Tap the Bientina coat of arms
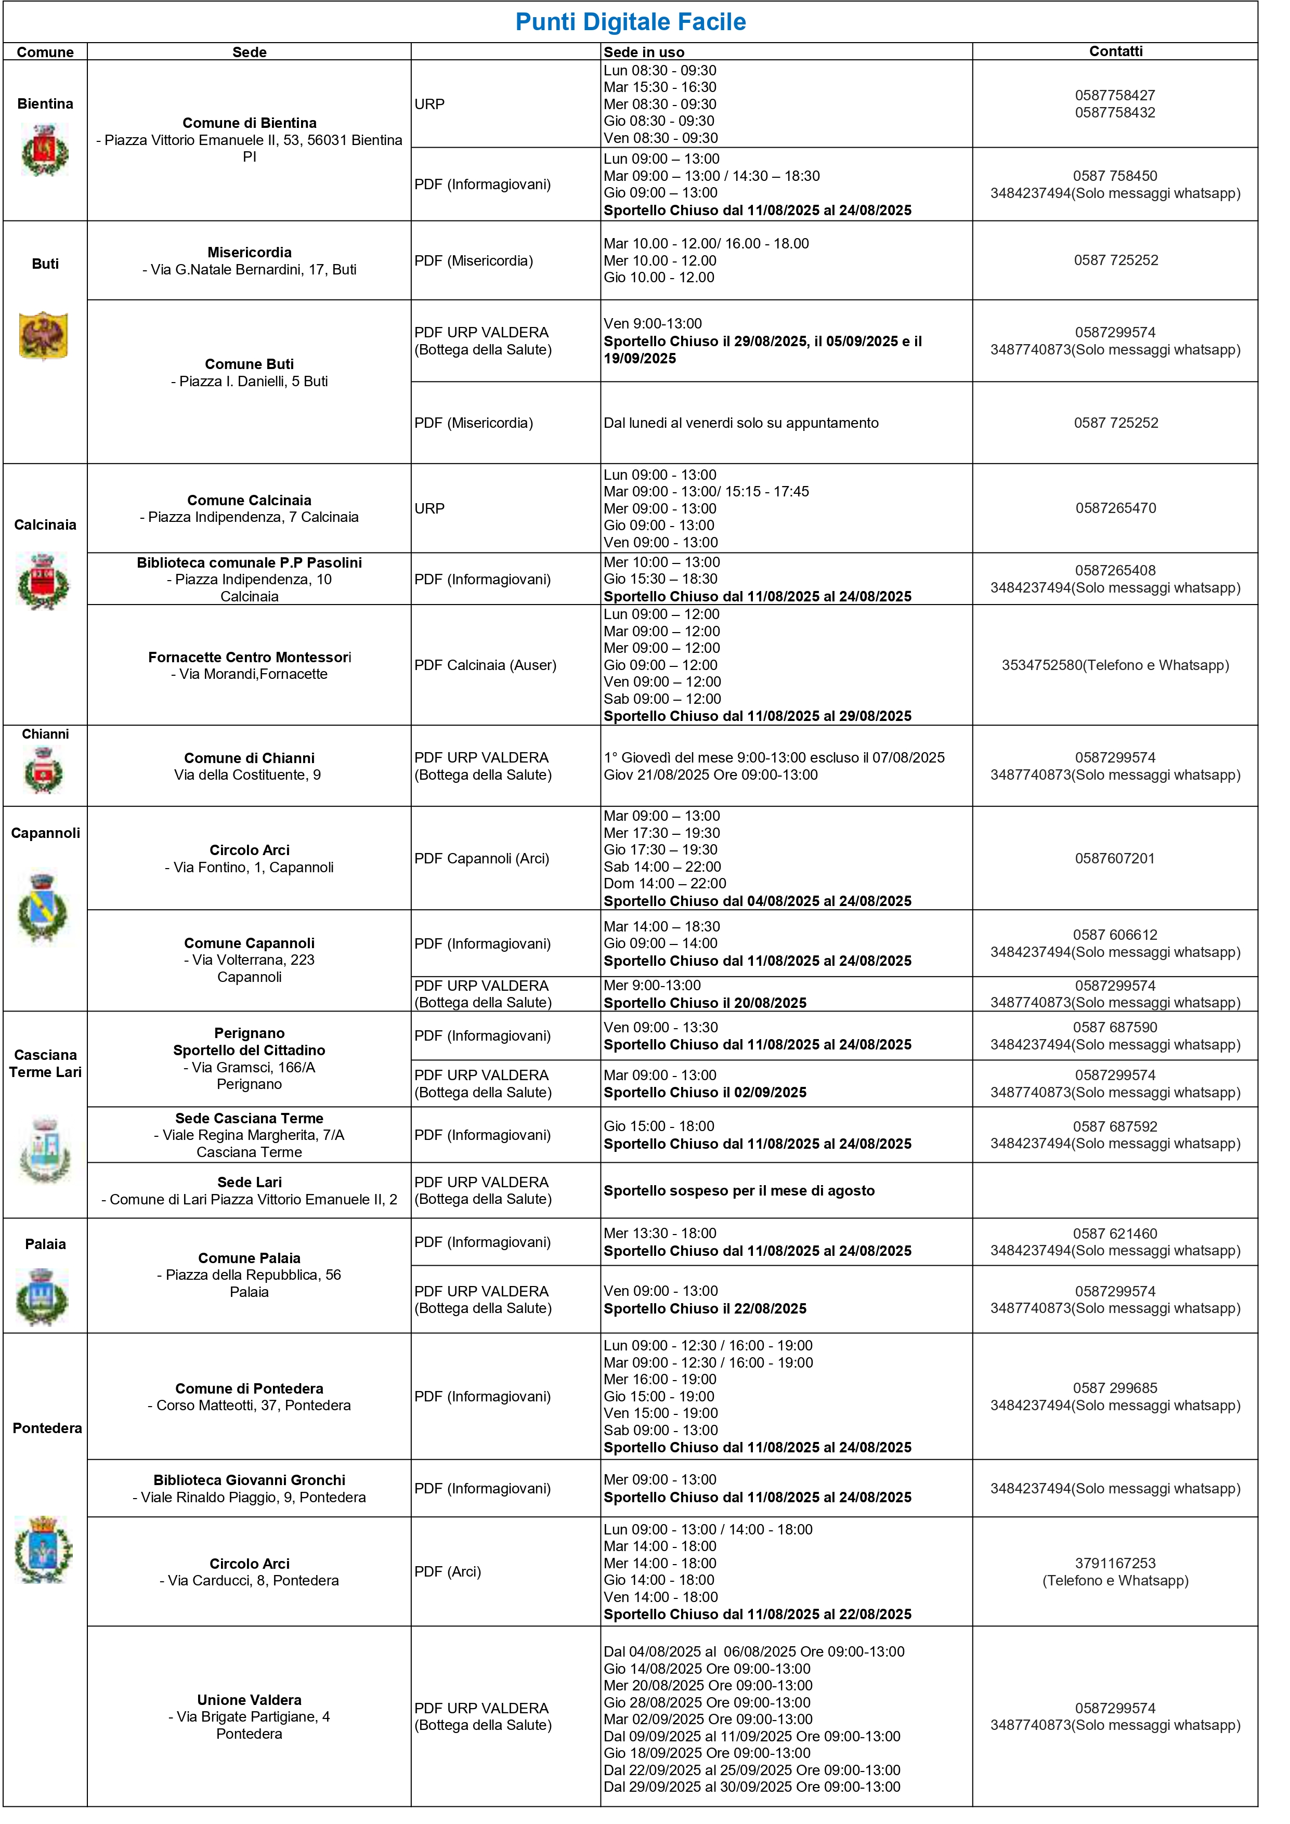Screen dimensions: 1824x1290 point(45,150)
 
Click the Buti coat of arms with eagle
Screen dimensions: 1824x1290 point(44,335)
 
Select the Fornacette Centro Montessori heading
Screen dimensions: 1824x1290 point(249,657)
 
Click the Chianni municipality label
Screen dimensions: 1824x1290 point(45,734)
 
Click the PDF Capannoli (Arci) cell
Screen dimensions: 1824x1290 point(481,859)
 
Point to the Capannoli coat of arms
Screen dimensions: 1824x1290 point(44,908)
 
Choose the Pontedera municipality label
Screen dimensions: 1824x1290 point(47,1427)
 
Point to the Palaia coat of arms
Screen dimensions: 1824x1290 point(44,1296)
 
